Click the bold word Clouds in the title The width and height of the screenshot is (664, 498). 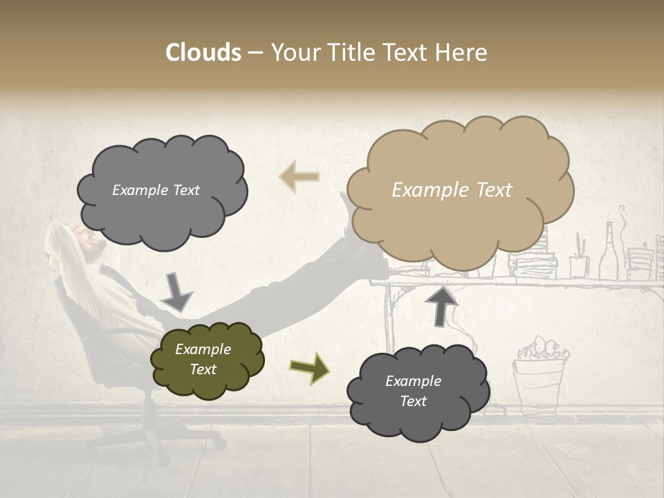tap(203, 53)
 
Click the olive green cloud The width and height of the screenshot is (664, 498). tap(207, 360)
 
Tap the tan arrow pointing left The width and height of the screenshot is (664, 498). tap(299, 176)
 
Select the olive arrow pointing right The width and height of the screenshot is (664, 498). tap(309, 367)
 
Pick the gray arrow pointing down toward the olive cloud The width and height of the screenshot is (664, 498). tap(176, 290)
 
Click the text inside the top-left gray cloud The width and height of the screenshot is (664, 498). tap(156, 190)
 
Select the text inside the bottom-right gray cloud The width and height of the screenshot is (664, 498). tap(413, 391)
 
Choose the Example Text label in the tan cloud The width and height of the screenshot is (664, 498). tap(452, 190)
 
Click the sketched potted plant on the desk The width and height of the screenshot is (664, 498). tap(579, 259)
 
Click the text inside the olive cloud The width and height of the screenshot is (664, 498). tap(203, 359)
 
